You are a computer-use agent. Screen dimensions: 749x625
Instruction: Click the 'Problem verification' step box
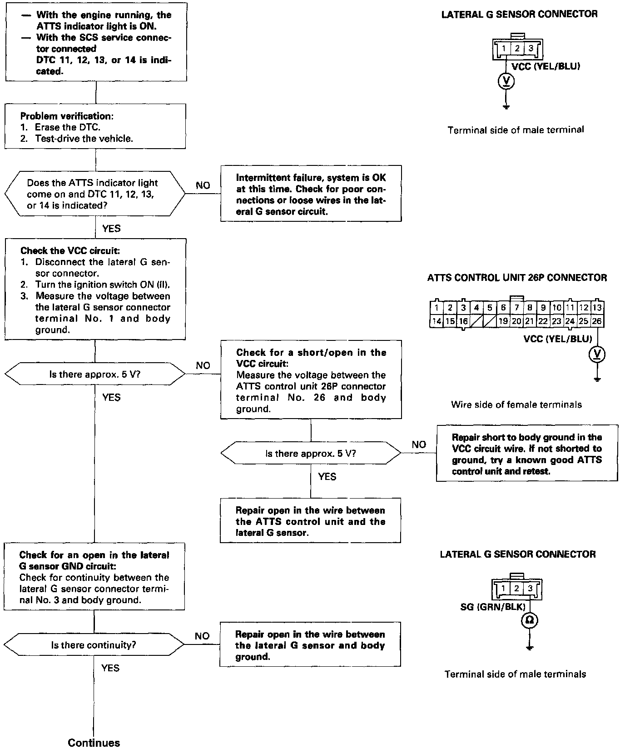(95, 126)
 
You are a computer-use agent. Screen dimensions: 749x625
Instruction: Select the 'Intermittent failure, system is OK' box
(311, 194)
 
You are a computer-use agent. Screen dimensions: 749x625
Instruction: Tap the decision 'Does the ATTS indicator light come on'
(95, 194)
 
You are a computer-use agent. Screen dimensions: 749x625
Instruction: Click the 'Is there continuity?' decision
(94, 645)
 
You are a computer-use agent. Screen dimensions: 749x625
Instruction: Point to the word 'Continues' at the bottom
(94, 742)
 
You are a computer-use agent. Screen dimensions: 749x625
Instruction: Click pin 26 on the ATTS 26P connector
(597, 321)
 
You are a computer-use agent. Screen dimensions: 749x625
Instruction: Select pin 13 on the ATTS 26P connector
(597, 308)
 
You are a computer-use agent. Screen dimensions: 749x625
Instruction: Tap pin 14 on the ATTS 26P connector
(436, 321)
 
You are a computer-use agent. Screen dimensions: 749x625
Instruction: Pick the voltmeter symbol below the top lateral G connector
(507, 81)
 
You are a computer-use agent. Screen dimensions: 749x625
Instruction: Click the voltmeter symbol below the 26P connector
(597, 354)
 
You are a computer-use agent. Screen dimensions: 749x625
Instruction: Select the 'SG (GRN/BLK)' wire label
(493, 607)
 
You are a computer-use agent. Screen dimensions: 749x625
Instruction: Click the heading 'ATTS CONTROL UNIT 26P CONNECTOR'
(517, 278)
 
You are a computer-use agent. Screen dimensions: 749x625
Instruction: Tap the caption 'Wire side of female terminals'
(516, 404)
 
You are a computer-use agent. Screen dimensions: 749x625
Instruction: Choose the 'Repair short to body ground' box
(527, 454)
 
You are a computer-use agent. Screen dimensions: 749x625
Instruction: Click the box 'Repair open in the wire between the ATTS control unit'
(310, 521)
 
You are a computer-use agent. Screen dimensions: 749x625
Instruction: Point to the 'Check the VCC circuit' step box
(95, 290)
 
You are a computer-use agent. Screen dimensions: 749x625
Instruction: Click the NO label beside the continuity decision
(202, 636)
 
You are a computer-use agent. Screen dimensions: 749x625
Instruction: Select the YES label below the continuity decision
(110, 668)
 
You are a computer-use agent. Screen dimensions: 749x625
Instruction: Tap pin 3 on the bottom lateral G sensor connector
(530, 588)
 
